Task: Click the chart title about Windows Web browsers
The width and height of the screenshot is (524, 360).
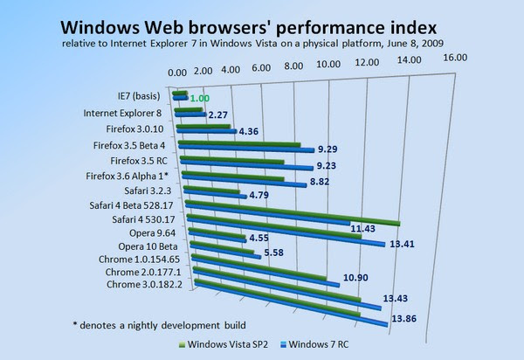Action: (x=262, y=22)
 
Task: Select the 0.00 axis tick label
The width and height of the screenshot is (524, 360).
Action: (x=176, y=73)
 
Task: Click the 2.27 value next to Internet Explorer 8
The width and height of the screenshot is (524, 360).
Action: (x=218, y=114)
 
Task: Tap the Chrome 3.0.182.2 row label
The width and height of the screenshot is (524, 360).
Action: (x=144, y=284)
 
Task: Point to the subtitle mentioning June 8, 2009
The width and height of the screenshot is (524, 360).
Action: (x=262, y=41)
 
